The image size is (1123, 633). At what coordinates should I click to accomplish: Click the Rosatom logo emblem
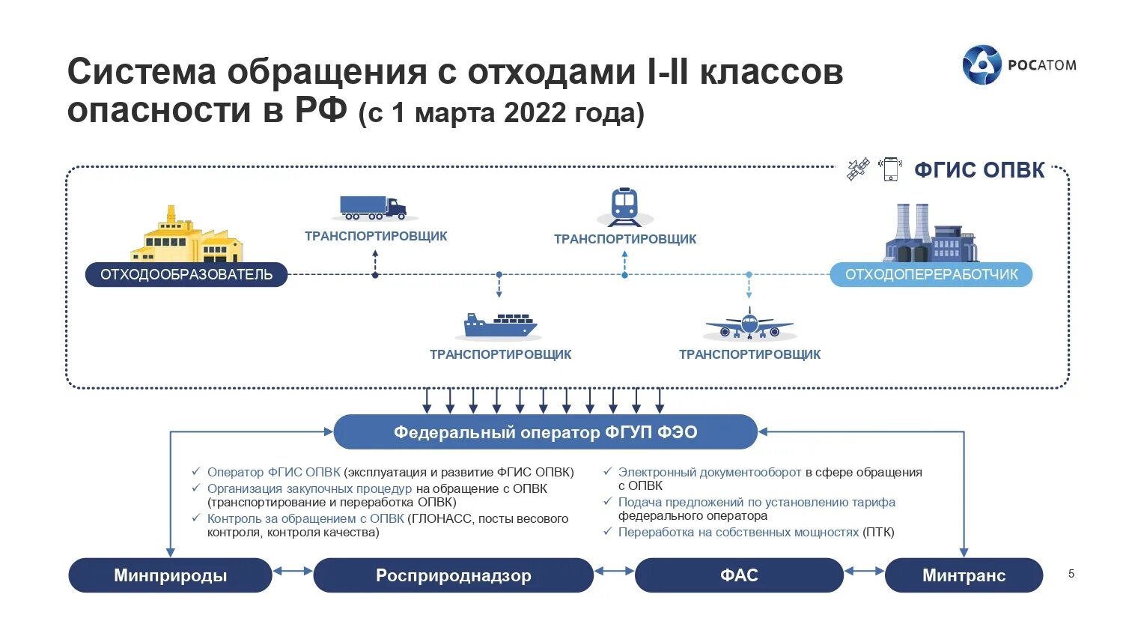(x=982, y=65)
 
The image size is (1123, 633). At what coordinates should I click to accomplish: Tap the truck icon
(x=374, y=208)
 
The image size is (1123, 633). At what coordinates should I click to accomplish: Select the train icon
(x=624, y=206)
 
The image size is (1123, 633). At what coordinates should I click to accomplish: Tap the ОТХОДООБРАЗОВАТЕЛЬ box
(x=186, y=274)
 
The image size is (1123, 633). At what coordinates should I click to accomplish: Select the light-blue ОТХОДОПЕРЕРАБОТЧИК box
(x=931, y=274)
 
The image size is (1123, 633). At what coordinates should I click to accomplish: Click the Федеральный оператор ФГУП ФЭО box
(x=545, y=432)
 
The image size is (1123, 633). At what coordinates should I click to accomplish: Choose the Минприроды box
(x=170, y=575)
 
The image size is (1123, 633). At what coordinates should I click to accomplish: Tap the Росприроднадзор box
(x=453, y=575)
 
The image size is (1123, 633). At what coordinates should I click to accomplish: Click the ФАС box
(x=739, y=575)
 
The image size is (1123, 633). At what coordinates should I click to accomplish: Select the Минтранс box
(x=964, y=575)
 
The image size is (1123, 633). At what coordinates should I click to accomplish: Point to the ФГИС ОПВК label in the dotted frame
(x=979, y=170)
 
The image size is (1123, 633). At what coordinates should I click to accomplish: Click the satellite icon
(x=858, y=169)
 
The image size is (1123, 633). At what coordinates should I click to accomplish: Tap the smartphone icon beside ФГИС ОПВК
(x=890, y=169)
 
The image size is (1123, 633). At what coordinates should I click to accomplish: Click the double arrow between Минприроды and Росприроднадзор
(x=293, y=572)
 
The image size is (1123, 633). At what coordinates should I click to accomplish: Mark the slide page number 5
(x=1071, y=574)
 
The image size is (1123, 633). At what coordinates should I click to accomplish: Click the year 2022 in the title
(x=535, y=113)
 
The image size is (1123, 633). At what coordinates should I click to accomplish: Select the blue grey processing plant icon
(x=931, y=234)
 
